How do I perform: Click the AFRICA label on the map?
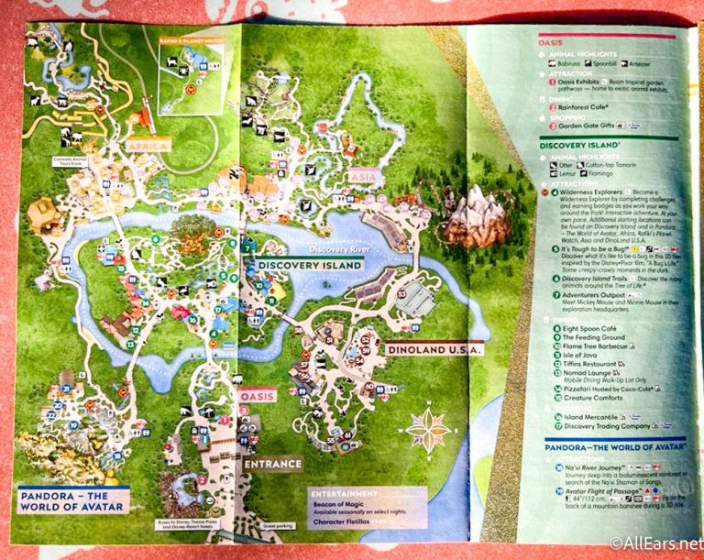pos(148,146)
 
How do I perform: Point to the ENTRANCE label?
pos(272,464)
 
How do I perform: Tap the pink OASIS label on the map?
pos(257,395)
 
